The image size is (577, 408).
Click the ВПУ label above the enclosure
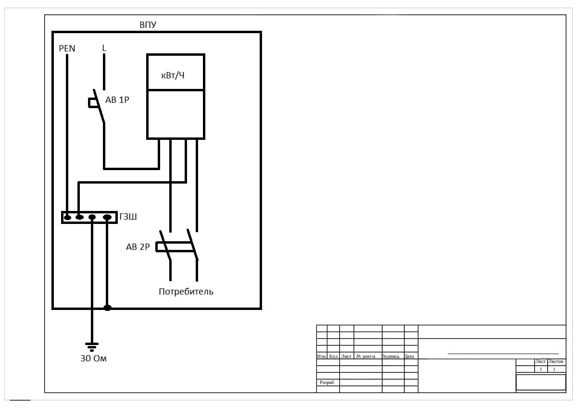[148, 25]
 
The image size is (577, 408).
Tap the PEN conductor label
[67, 49]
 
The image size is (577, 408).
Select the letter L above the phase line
[104, 48]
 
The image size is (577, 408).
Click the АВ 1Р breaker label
[117, 100]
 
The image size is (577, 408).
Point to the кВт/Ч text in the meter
[173, 75]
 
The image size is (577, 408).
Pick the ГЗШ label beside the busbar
[128, 217]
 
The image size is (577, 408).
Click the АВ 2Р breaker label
[138, 247]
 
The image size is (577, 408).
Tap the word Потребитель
[186, 292]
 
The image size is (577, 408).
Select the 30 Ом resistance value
[93, 359]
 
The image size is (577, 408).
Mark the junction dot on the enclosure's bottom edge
[107, 308]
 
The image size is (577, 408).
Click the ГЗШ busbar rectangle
[89, 218]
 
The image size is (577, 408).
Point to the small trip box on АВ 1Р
[92, 102]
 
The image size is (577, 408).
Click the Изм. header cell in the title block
[322, 357]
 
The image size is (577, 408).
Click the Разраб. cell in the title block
[327, 383]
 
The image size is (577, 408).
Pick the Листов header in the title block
[556, 361]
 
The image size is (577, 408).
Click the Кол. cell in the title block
[334, 357]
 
